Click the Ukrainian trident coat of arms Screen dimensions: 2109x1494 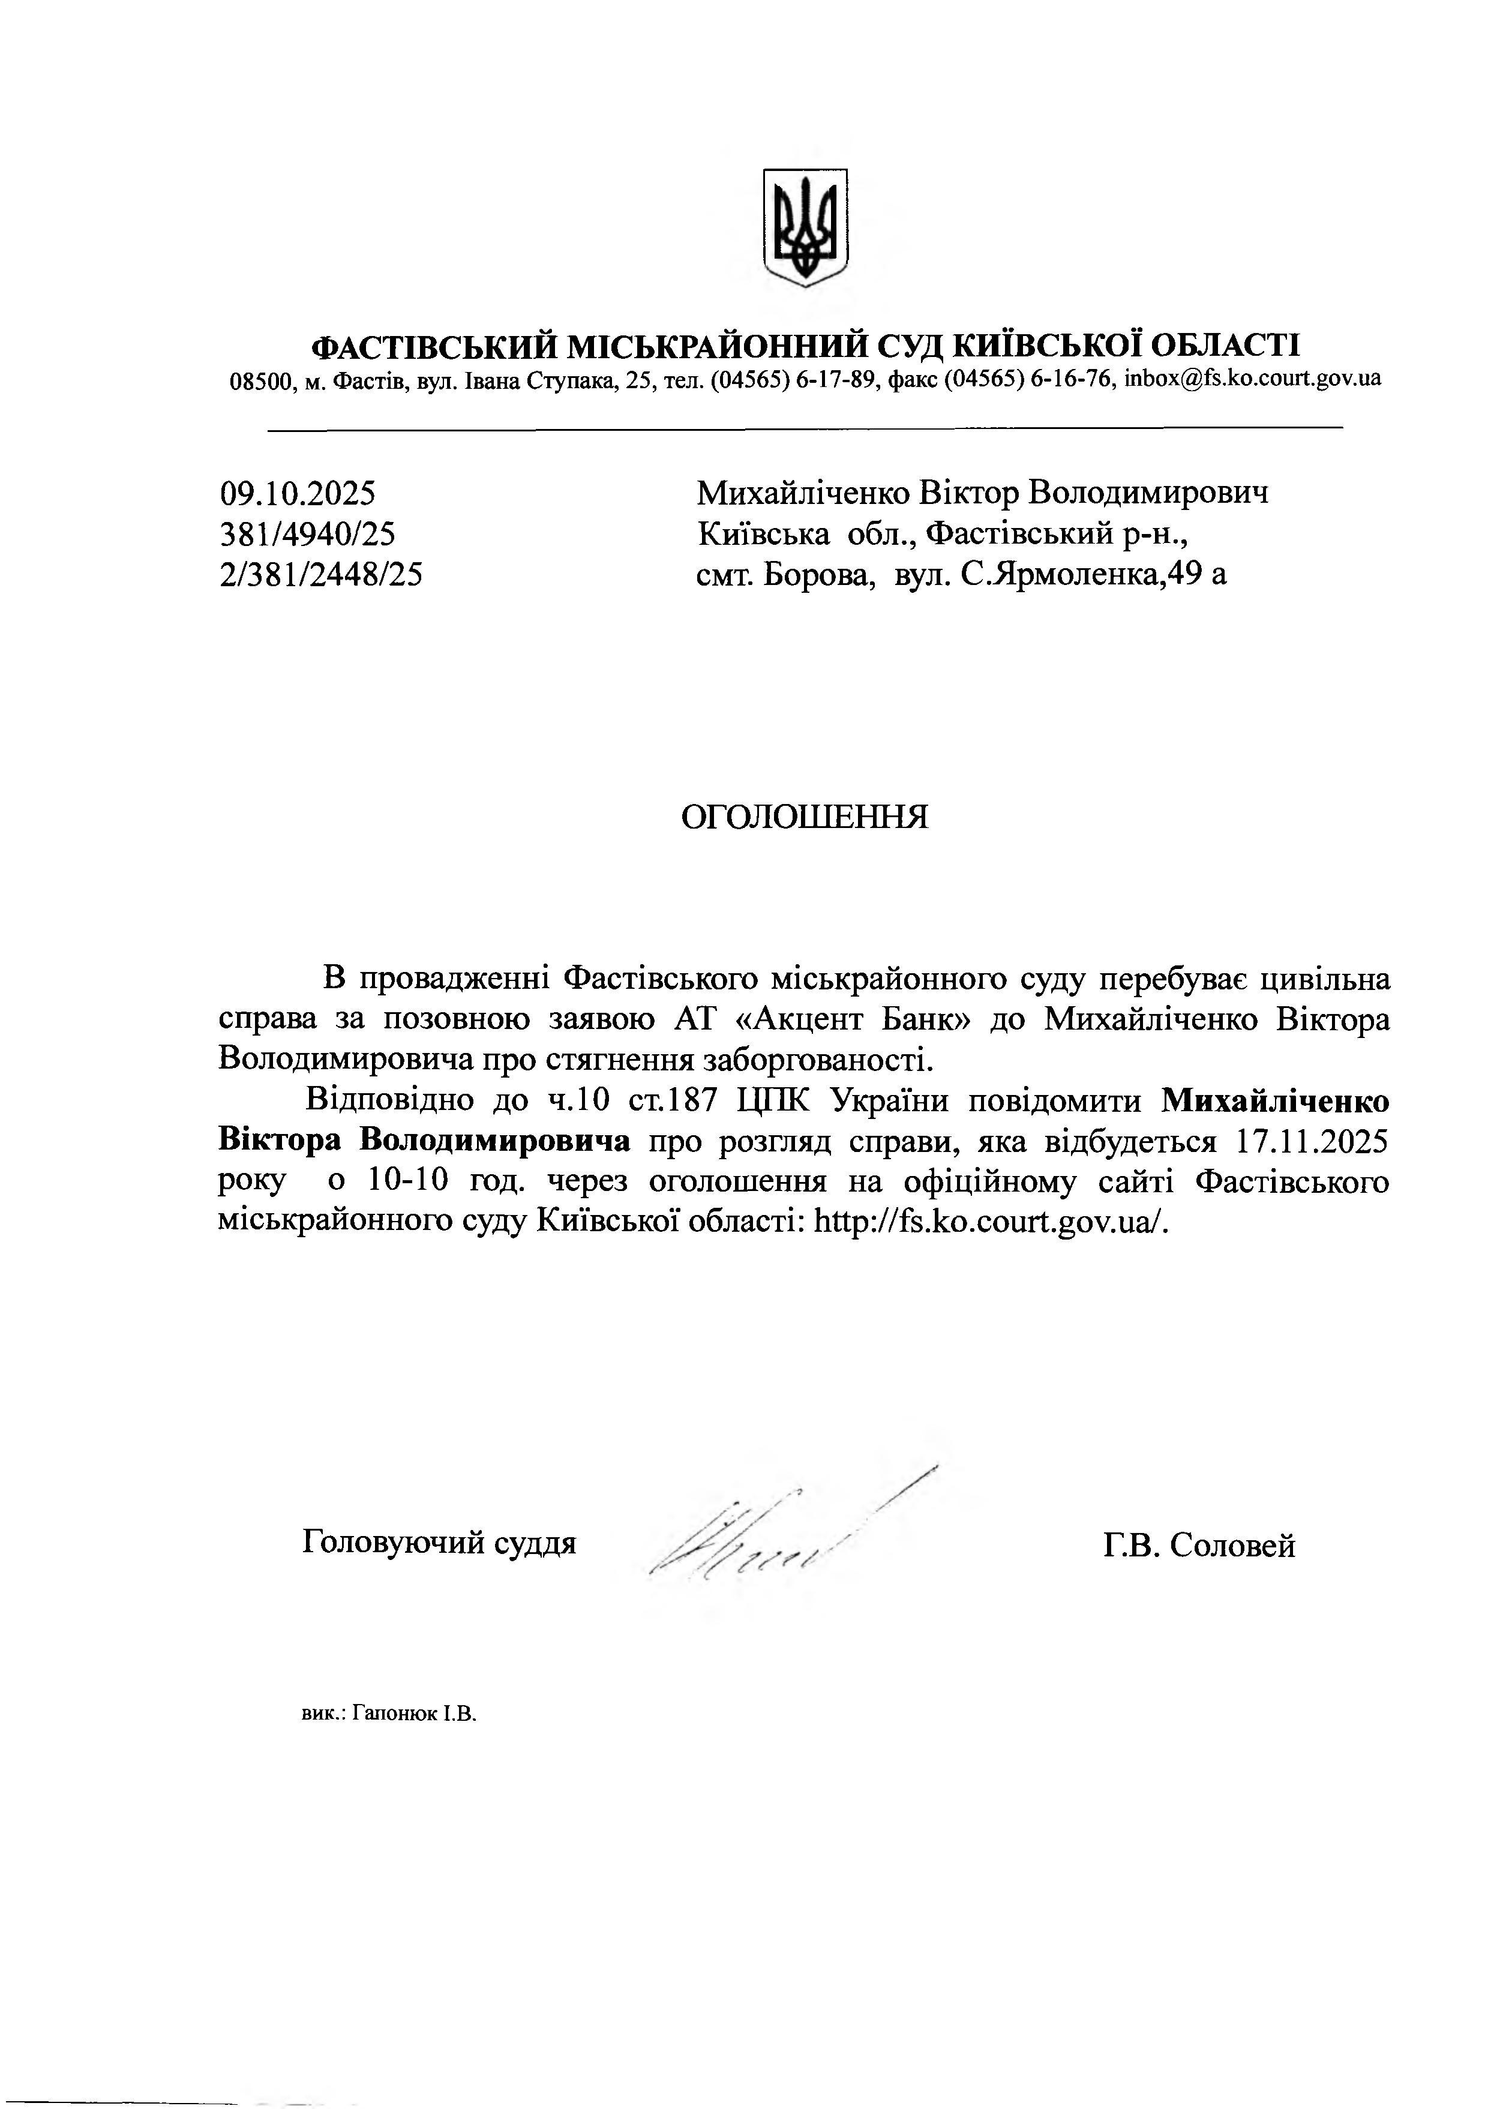tap(805, 227)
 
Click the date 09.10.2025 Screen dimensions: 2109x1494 tap(297, 494)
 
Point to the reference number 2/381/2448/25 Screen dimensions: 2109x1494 tap(321, 575)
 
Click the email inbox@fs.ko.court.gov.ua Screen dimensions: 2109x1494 tap(1252, 378)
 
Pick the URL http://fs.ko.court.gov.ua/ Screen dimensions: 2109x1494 tap(992, 1222)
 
